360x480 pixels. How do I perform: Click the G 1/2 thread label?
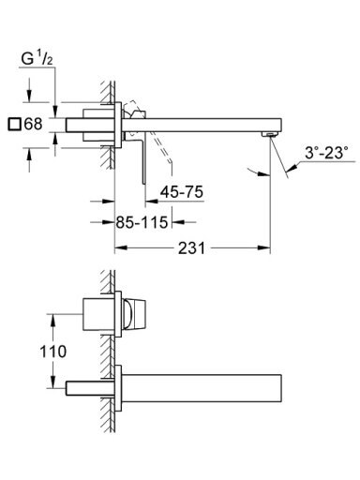pyautogui.click(x=37, y=59)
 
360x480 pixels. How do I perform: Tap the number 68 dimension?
pyautogui.click(x=33, y=124)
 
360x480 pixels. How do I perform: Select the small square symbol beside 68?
pyautogui.click(x=15, y=125)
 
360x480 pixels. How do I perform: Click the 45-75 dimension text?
pyautogui.click(x=182, y=191)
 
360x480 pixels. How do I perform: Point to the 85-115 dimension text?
pyautogui.click(x=142, y=222)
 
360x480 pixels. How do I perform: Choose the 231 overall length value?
pyautogui.click(x=191, y=248)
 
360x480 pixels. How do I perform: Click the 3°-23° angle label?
pyautogui.click(x=326, y=154)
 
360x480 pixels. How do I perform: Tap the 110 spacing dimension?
pyautogui.click(x=53, y=352)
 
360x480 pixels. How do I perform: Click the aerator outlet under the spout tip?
pyautogui.click(x=269, y=134)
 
